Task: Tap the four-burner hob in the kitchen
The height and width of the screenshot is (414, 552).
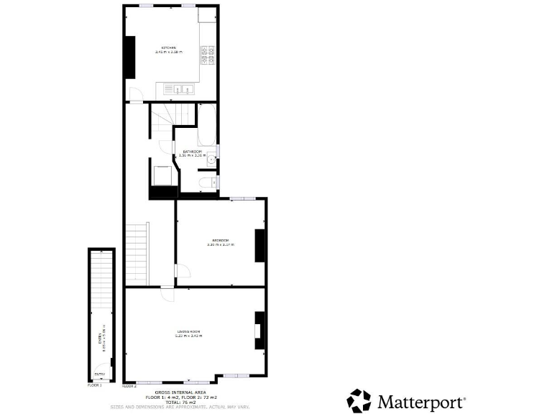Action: [x=208, y=55]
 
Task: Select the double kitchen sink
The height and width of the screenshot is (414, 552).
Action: [x=180, y=89]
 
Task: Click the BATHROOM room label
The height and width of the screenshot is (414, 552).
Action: [x=192, y=152]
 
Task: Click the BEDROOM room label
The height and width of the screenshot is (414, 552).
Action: [x=220, y=240]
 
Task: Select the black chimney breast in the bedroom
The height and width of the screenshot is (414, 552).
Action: [x=260, y=246]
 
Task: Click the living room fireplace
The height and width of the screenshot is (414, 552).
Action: [x=259, y=331]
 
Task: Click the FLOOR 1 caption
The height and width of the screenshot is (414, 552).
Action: [x=95, y=386]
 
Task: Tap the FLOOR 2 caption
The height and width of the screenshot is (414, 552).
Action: [x=129, y=386]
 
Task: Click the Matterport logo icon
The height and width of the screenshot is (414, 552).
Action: [x=359, y=400]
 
